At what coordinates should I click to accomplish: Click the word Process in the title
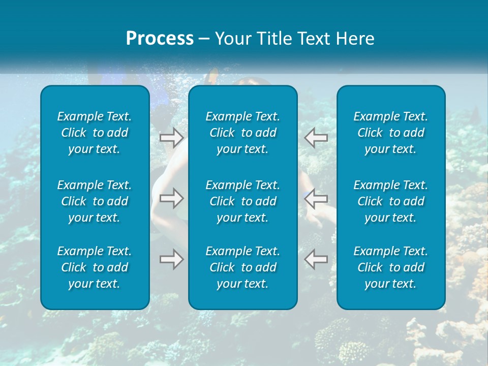[x=160, y=39]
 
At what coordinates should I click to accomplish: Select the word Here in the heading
[x=355, y=39]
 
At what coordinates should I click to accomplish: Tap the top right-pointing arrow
[x=171, y=137]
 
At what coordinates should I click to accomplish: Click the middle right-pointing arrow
[x=171, y=198]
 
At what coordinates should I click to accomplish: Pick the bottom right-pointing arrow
[x=171, y=259]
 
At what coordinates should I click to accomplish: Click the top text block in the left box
[x=95, y=133]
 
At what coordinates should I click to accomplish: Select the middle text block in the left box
[x=95, y=201]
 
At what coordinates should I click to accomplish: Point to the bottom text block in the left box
[x=95, y=267]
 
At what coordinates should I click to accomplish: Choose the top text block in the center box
[x=243, y=133]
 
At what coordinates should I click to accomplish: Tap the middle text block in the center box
[x=243, y=201]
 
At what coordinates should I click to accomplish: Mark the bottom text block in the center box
[x=243, y=267]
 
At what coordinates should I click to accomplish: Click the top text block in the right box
[x=391, y=133]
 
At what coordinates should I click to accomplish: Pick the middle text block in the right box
[x=391, y=201]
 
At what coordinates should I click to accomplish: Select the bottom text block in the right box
[x=391, y=267]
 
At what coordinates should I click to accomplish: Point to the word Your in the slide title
[x=231, y=39]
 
